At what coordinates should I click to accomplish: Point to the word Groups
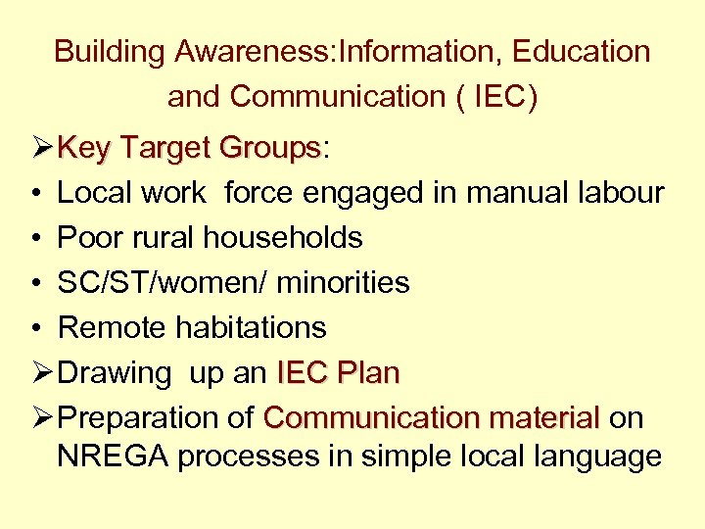270,149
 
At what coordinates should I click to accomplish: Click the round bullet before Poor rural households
34,238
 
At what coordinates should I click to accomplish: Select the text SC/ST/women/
163,283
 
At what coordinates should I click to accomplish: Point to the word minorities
344,283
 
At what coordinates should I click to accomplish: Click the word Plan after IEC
368,373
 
